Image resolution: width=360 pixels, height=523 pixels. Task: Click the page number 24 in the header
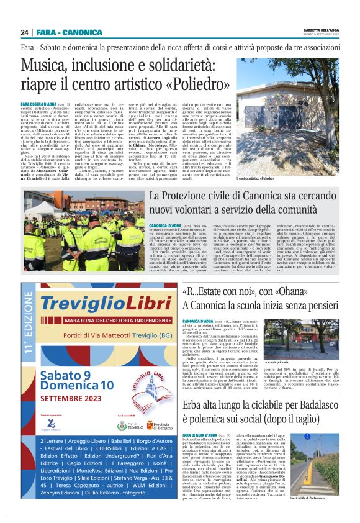tap(25, 32)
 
